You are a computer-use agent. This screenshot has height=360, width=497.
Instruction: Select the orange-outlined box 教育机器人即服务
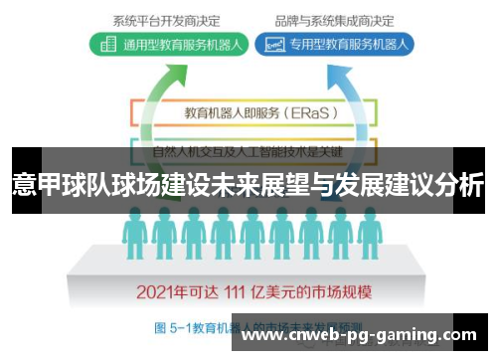click(x=248, y=112)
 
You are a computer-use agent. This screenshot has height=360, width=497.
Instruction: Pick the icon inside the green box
click(x=105, y=44)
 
